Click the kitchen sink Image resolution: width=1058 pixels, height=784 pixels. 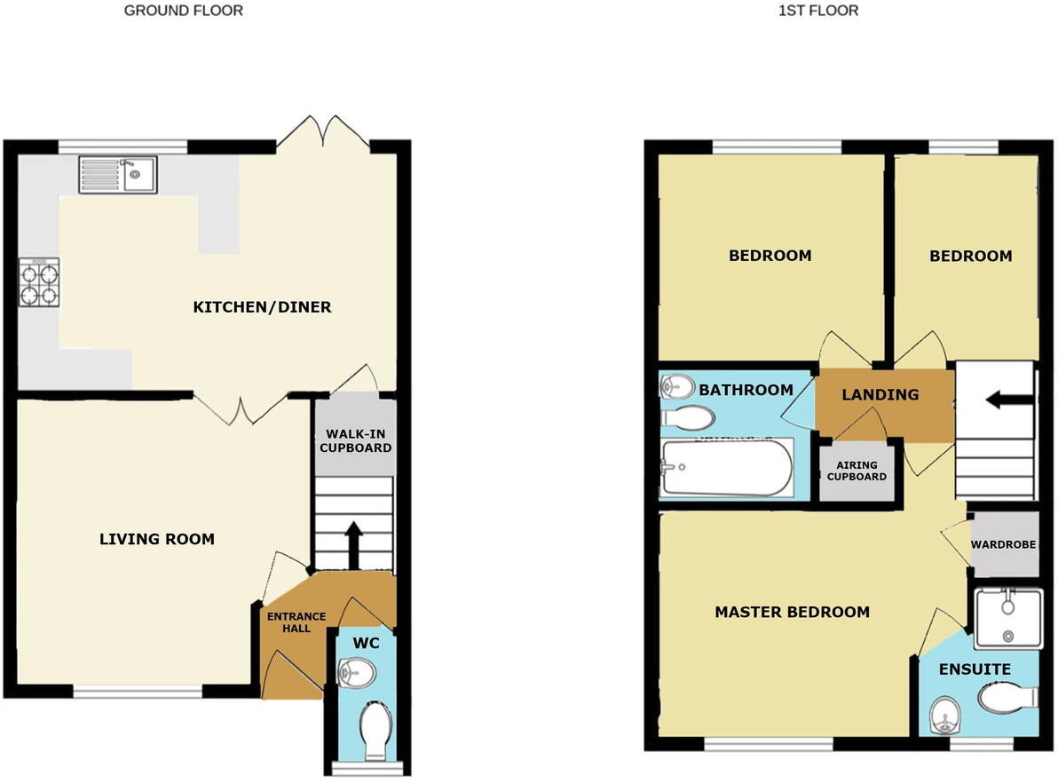pos(117,174)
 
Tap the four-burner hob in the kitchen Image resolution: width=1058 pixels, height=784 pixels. pos(38,281)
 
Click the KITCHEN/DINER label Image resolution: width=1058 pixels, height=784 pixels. pos(262,307)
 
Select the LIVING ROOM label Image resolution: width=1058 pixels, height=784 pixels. pos(156,539)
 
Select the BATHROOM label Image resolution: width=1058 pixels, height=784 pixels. pos(746,390)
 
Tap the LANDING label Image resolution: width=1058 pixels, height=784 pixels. pos(880,394)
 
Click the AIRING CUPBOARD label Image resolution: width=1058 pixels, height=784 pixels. pos(856,471)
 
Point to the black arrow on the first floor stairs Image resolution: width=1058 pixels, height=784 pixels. pos(1000,400)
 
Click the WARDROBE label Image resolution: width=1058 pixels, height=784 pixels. pos(1003,544)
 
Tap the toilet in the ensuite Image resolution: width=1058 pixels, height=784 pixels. pos(1008,699)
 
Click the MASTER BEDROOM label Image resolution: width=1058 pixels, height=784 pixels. pos(792,612)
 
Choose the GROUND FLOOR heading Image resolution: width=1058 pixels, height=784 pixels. pos(183,11)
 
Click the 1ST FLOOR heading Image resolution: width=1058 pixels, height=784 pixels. pos(817,11)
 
